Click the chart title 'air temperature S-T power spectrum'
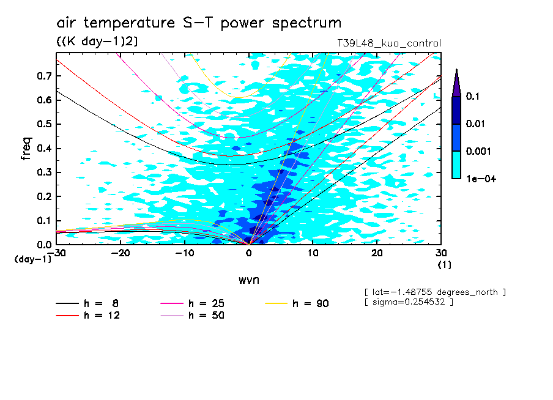click(x=199, y=23)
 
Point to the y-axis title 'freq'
click(x=26, y=149)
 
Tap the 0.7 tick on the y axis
click(x=44, y=76)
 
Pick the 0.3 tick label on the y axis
click(x=44, y=172)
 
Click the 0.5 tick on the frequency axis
click(x=44, y=124)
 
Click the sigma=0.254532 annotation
click(x=409, y=303)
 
